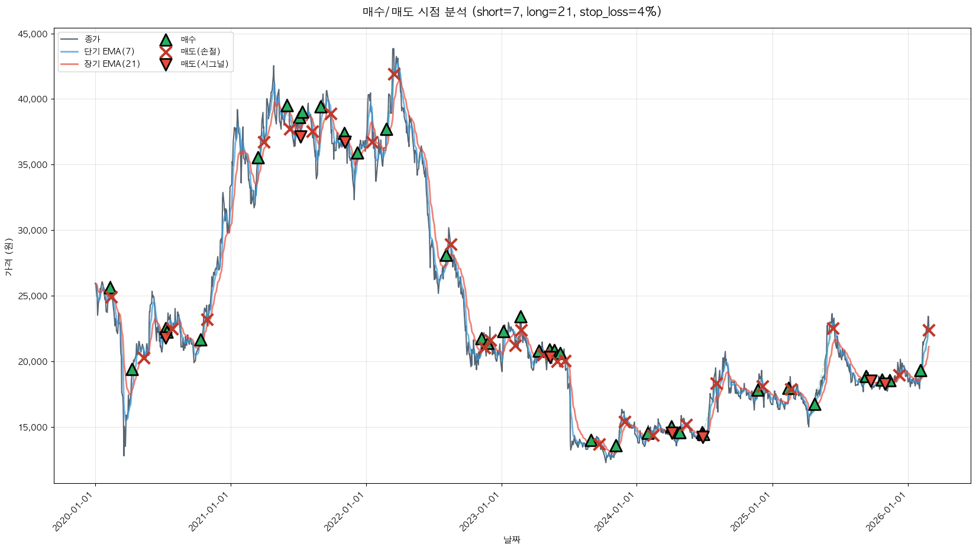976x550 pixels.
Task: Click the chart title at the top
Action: [512, 12]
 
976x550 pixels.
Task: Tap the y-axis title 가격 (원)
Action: [8, 257]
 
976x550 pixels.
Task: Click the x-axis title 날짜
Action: [512, 539]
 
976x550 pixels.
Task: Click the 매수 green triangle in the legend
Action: [166, 40]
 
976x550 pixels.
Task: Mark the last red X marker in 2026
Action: [929, 330]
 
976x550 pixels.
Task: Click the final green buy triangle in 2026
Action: [920, 371]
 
